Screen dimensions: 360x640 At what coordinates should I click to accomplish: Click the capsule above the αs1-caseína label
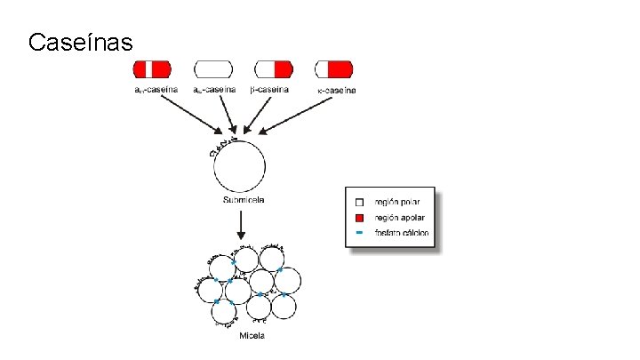[x=152, y=69]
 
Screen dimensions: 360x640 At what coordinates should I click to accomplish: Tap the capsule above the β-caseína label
[x=273, y=69]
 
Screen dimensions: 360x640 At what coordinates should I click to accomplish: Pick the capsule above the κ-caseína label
[x=333, y=69]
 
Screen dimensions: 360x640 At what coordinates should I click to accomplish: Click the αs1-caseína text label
[x=156, y=89]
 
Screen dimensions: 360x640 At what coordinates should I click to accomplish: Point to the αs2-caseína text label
[x=215, y=89]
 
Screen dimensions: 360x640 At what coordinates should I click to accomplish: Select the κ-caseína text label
[x=336, y=90]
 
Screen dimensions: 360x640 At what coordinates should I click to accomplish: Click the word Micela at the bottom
[x=252, y=335]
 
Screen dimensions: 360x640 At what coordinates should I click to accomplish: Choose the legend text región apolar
[x=399, y=218]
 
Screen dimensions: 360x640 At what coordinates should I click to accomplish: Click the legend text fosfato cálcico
[x=402, y=234]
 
